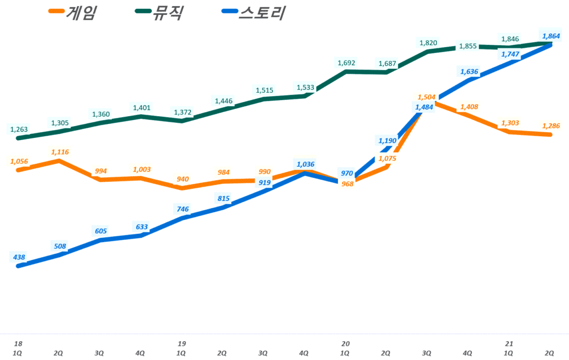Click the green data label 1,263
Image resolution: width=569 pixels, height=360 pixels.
pos(19,129)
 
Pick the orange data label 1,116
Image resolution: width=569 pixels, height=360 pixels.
pos(59,152)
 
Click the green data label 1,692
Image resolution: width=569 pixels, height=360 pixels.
pos(346,63)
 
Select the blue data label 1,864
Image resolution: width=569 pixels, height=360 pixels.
pos(550,36)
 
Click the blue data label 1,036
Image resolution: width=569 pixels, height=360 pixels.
pos(306,164)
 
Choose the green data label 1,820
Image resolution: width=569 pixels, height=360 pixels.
pos(428,42)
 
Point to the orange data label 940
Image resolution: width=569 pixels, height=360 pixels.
pos(182,179)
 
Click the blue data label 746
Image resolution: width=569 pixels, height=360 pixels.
pos(182,209)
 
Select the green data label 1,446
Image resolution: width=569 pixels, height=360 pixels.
pos(223,101)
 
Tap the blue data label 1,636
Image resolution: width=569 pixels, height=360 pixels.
pos(468,71)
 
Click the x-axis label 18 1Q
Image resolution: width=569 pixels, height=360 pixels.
pos(18,348)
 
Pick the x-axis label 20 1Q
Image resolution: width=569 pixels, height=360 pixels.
pos(346,348)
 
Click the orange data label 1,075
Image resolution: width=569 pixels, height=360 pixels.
pos(388,158)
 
